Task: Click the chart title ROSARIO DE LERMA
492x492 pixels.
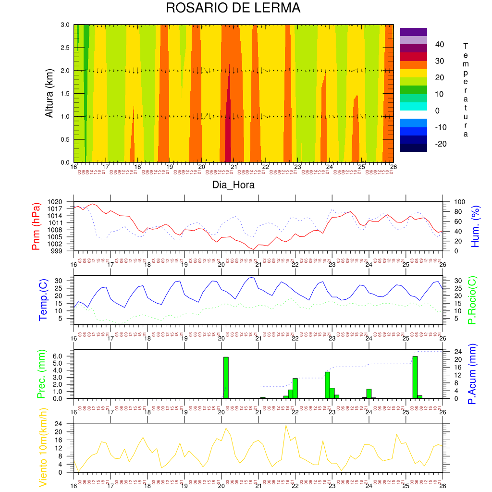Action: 233,8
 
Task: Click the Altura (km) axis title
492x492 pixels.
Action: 49,93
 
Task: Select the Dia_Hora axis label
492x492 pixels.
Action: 233,185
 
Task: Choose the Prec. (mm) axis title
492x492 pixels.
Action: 41,374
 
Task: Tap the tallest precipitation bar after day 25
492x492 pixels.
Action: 415,377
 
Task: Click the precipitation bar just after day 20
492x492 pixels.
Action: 226,378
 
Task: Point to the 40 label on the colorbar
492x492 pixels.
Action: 440,45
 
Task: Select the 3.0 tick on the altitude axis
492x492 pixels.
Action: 64,25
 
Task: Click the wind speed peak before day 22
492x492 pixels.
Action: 286,425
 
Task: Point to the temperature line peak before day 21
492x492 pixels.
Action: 253,277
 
